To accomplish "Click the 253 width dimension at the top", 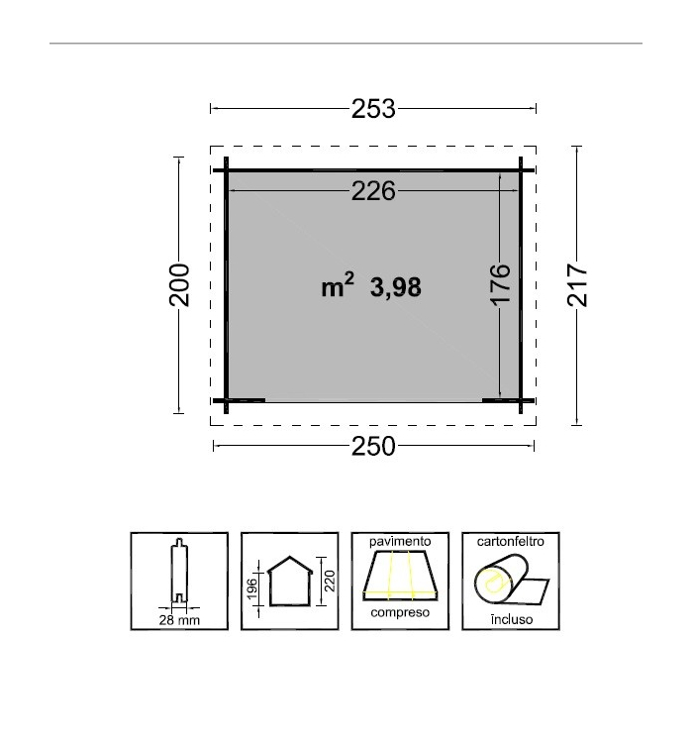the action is point(373,109).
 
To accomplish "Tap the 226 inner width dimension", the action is point(373,191).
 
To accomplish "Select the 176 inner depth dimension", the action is point(500,284).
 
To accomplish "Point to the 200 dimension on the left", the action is point(179,285).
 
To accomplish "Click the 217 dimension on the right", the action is point(577,285).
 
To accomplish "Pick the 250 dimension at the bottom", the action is point(373,446).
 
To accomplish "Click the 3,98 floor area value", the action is point(395,288).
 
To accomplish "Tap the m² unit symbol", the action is point(338,285).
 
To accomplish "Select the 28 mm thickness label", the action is point(179,620).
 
